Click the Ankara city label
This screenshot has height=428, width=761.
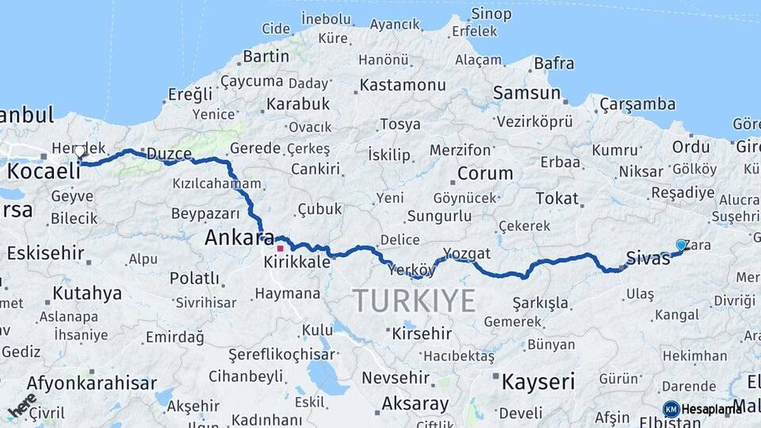tap(239, 237)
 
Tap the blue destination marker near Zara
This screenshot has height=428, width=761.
tap(681, 245)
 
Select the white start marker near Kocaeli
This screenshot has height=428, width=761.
tap(79, 151)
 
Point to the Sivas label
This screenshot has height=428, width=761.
tap(648, 257)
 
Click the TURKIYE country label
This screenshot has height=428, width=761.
tap(414, 301)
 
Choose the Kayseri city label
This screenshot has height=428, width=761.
tap(537, 382)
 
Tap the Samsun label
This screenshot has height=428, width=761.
tap(526, 93)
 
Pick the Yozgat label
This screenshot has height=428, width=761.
tap(467, 254)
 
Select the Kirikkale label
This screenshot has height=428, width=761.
tap(297, 262)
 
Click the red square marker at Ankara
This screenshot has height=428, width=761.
tap(279, 248)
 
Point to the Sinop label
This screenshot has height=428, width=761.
tap(491, 13)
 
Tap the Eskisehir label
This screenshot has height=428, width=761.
tap(45, 254)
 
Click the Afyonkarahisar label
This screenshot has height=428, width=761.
tap(91, 384)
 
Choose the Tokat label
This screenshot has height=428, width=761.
tap(556, 198)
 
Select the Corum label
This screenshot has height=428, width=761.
tap(485, 173)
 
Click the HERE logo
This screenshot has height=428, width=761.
tap(22, 405)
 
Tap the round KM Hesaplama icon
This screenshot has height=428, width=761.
tap(671, 409)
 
